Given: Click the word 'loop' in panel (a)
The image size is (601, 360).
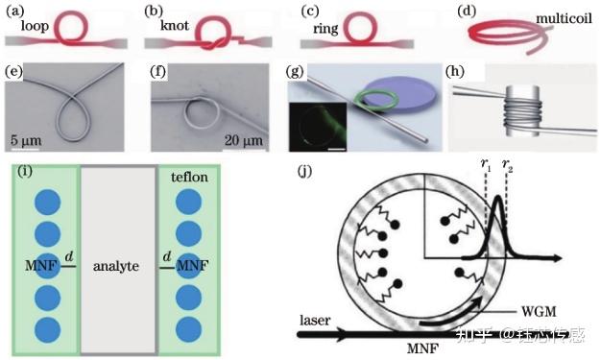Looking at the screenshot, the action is (x=35, y=26).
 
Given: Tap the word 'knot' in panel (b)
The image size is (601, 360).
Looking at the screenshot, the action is (x=175, y=25).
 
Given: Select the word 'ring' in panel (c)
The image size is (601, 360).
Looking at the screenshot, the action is (x=325, y=29).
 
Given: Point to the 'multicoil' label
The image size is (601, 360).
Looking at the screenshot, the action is (x=564, y=18).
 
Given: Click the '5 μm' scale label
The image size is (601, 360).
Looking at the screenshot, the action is (x=26, y=140).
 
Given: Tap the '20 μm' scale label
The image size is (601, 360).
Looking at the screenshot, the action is (x=244, y=140).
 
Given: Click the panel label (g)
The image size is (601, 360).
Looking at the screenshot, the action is (x=295, y=71).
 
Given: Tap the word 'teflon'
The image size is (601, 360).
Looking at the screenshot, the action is (x=189, y=177).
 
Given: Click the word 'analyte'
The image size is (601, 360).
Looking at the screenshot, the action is (x=116, y=266).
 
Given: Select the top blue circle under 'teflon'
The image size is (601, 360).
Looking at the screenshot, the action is (x=188, y=202).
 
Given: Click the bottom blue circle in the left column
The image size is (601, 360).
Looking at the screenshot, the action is (x=48, y=330).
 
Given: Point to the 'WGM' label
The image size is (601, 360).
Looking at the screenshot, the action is (x=539, y=311).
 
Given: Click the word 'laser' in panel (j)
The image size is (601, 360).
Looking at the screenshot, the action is (x=315, y=320).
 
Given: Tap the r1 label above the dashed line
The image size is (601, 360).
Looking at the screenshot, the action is (x=486, y=164).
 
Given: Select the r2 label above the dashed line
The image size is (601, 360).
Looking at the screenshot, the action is (x=508, y=164).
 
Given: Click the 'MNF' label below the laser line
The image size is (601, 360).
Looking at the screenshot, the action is (x=422, y=348).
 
